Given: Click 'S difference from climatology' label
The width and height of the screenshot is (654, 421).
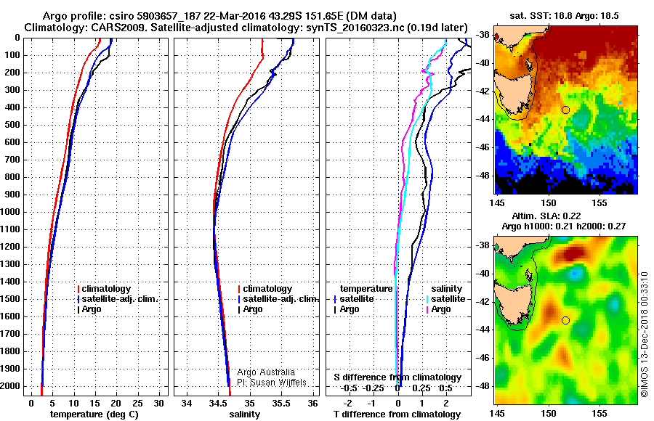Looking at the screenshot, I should tap(397, 377).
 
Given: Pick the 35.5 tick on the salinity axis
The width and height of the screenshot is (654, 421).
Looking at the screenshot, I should tap(280, 402).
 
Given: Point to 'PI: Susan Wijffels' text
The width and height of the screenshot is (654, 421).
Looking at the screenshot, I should tap(277, 383).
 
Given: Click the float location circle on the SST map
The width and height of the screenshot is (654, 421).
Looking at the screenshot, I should tap(565, 110).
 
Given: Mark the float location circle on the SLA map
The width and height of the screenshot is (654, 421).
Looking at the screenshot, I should tap(565, 320).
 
